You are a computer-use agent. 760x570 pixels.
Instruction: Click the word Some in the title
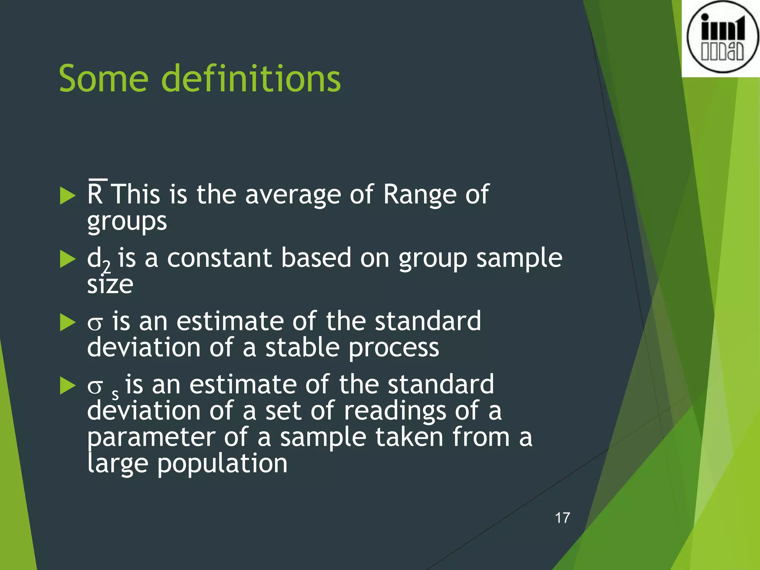point(104,79)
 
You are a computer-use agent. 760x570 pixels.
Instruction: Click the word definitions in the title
point(251,79)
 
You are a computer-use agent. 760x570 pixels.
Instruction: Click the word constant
point(219,258)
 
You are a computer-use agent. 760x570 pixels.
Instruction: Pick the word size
point(110,285)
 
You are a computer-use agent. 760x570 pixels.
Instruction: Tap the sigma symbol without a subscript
point(95,323)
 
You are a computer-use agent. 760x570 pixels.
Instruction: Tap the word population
point(222,465)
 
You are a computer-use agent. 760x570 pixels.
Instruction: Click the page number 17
point(562,518)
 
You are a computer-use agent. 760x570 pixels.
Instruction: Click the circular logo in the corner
point(722,37)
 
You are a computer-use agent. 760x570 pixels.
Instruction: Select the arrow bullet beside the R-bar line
point(68,195)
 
